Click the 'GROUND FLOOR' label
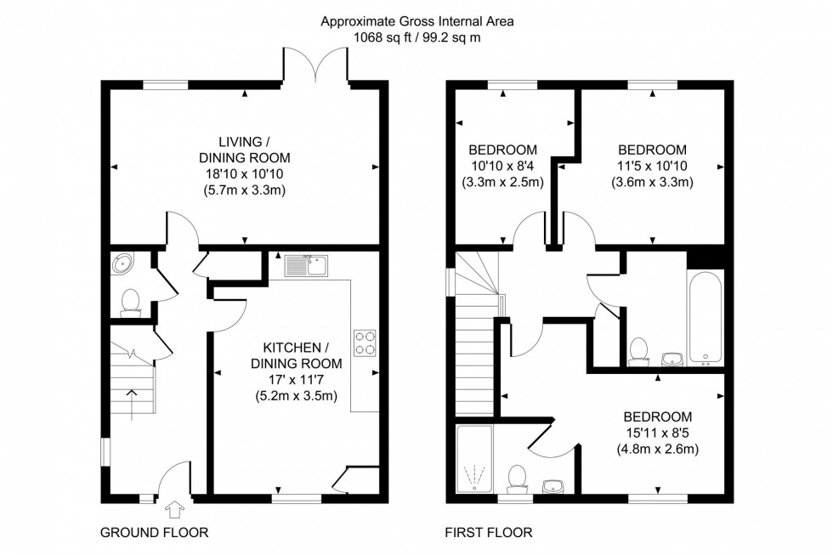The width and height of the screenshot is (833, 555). tap(154, 533)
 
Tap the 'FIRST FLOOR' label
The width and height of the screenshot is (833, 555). tap(490, 533)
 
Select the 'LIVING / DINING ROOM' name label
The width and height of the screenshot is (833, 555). tap(245, 149)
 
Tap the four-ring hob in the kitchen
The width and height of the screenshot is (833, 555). tap(365, 343)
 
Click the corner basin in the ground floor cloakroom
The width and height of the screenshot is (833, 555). tap(122, 264)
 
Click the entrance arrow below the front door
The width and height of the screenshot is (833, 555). tap(175, 510)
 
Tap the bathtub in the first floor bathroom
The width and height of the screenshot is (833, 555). tap(705, 316)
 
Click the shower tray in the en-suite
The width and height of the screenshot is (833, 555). tap(474, 460)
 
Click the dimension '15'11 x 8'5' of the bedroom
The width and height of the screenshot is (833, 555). tap(657, 433)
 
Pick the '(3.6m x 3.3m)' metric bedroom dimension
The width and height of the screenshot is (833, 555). tap(652, 182)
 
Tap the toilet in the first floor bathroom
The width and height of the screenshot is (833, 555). tap(639, 350)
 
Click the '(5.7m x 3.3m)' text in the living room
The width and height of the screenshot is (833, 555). tap(245, 190)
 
